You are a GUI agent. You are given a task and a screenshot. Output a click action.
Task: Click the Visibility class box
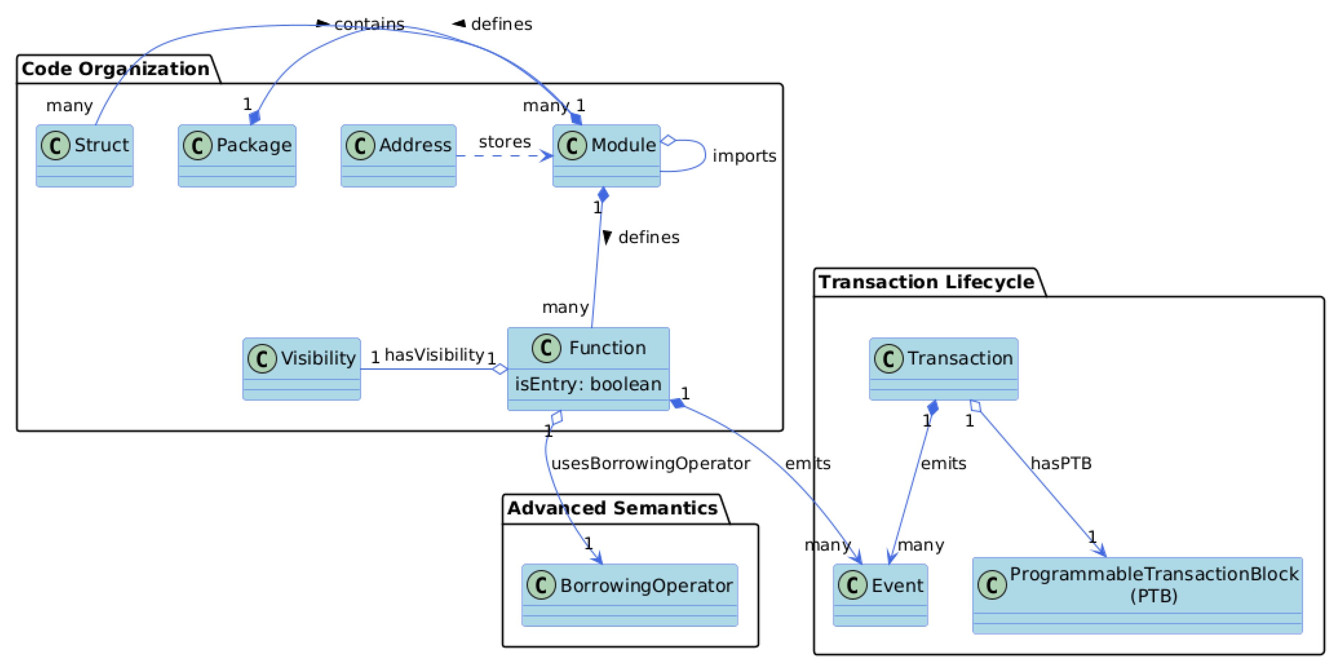[x=302, y=369]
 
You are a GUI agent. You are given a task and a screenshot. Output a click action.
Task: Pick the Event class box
[x=880, y=595]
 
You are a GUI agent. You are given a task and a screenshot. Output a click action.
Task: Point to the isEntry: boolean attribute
[x=588, y=384]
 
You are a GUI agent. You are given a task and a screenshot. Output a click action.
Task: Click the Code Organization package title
[x=115, y=69]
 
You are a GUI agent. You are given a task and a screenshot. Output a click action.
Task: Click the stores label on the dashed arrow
[x=505, y=142]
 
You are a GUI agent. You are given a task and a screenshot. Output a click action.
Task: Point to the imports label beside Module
[x=744, y=156]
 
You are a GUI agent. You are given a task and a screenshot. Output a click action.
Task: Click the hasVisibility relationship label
[x=434, y=355]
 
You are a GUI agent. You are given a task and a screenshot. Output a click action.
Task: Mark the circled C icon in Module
[x=572, y=145]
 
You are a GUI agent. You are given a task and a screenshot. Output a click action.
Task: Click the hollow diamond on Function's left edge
[x=500, y=369]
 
